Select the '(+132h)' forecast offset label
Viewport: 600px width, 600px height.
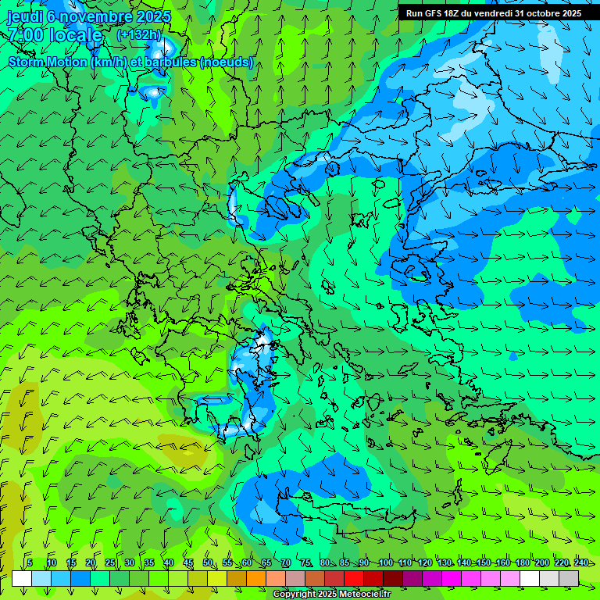tap(139, 34)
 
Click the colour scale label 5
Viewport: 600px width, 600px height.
tap(30, 563)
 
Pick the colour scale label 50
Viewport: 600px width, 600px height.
tap(208, 563)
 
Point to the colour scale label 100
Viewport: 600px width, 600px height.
tap(385, 563)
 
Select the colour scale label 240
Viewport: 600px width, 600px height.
tap(581, 563)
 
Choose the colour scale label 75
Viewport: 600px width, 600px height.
tap(306, 563)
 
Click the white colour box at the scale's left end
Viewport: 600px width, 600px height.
tap(22, 578)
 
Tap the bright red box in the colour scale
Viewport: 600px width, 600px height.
tap(354, 578)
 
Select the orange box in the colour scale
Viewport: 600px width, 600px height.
tap(255, 578)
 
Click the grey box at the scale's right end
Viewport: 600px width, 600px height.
tap(569, 578)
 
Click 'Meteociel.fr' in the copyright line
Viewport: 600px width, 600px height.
tap(365, 595)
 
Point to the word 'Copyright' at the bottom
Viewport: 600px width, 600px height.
tap(293, 595)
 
